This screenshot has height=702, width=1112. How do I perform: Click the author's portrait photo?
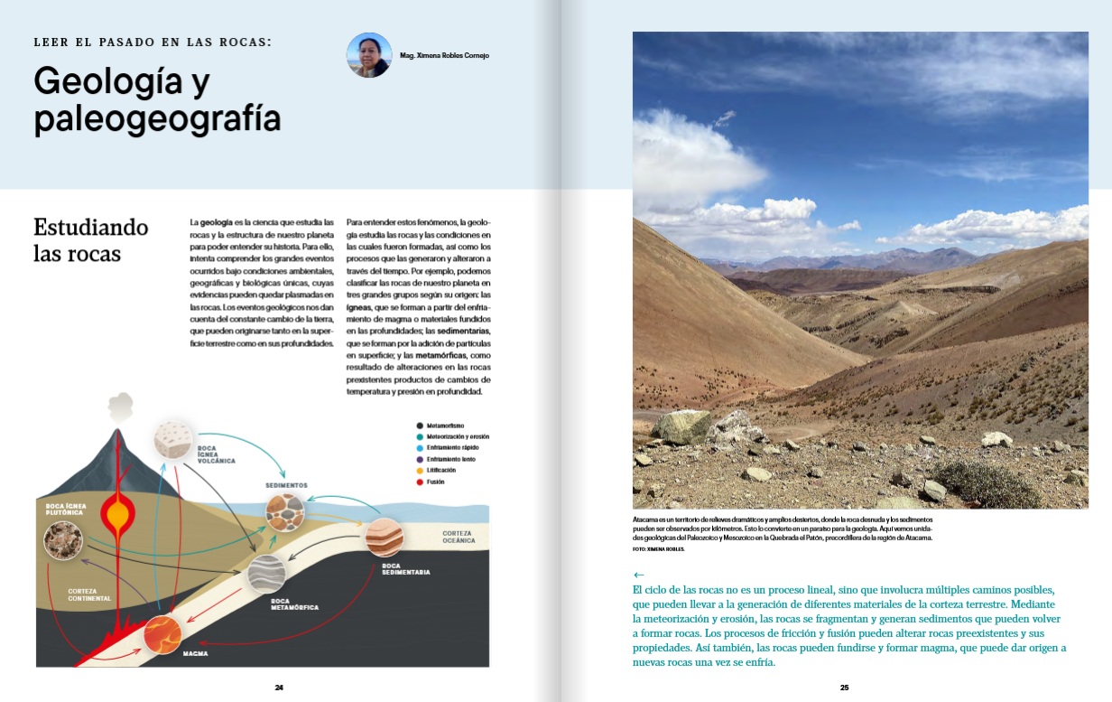369,55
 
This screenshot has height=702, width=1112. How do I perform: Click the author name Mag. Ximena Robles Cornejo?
445,56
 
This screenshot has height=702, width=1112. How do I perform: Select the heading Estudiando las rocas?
78,239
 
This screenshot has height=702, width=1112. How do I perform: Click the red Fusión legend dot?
420,482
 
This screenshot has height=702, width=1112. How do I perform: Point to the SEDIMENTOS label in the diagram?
286,485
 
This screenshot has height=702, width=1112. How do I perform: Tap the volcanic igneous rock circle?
174,440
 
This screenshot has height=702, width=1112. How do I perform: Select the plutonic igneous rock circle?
63,539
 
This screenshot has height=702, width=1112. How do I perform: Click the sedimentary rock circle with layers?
384,538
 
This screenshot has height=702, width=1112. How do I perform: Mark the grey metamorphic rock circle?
266,573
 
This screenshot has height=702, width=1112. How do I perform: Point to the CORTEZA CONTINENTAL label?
89,594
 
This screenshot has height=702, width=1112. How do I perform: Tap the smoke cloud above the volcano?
120,407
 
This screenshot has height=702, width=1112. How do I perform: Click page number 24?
280,688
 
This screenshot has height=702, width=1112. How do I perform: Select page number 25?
845,688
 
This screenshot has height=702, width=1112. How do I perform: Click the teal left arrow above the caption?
639,575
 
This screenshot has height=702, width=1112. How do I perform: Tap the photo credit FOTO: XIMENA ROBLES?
658,549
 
